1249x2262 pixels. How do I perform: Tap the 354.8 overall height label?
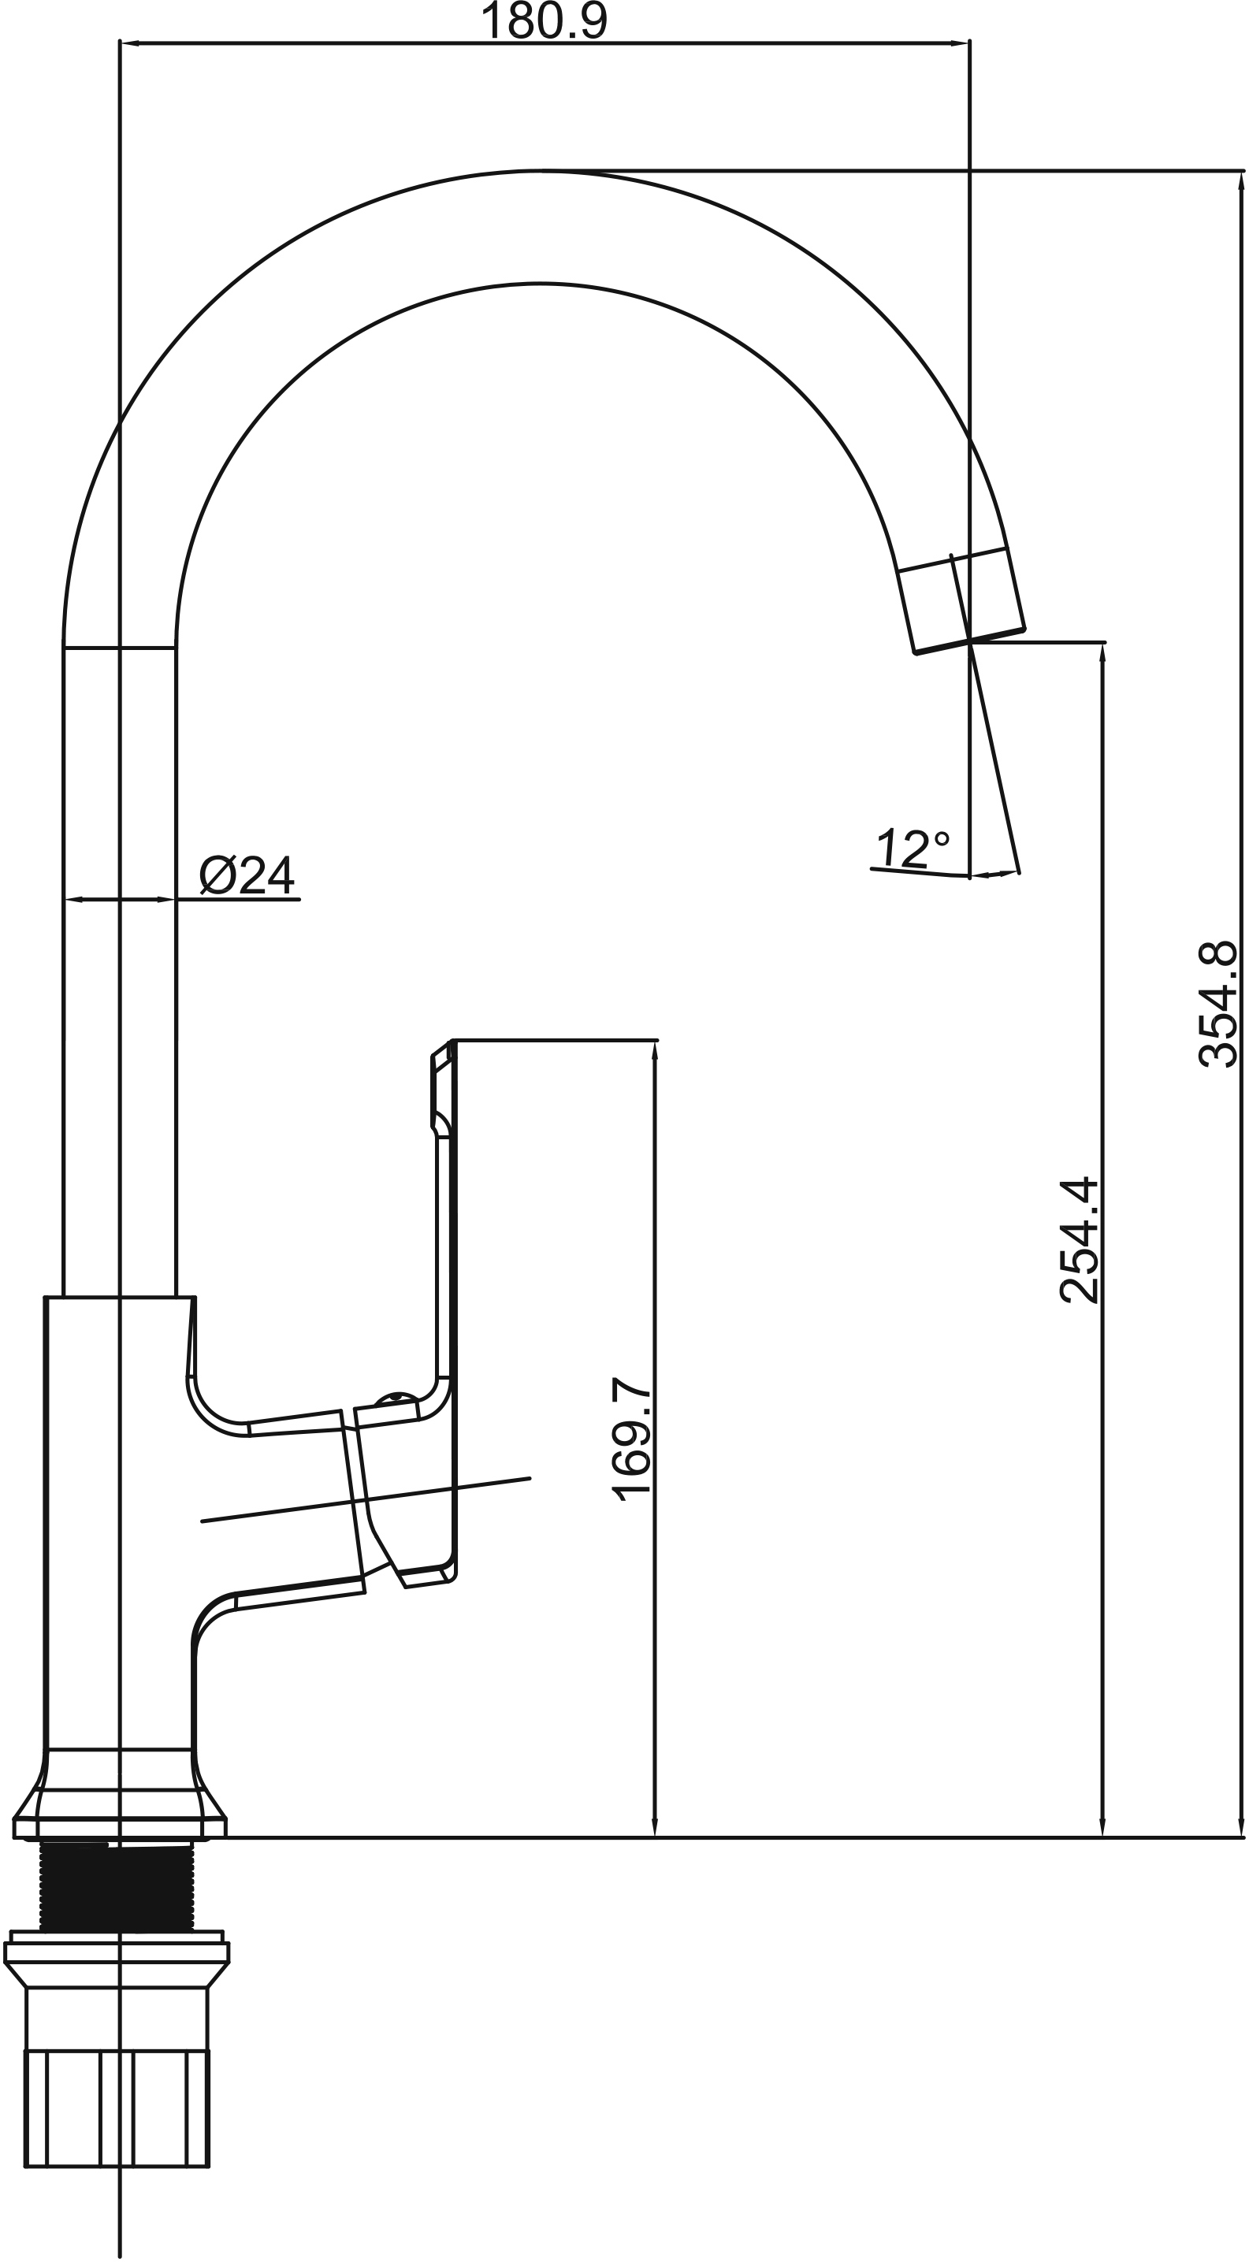(1218, 1004)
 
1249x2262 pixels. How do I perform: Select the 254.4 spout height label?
(1080, 1240)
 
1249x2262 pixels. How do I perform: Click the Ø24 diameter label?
(247, 875)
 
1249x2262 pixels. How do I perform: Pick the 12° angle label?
(913, 848)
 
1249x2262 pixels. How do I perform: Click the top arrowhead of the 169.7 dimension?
(654, 1051)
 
